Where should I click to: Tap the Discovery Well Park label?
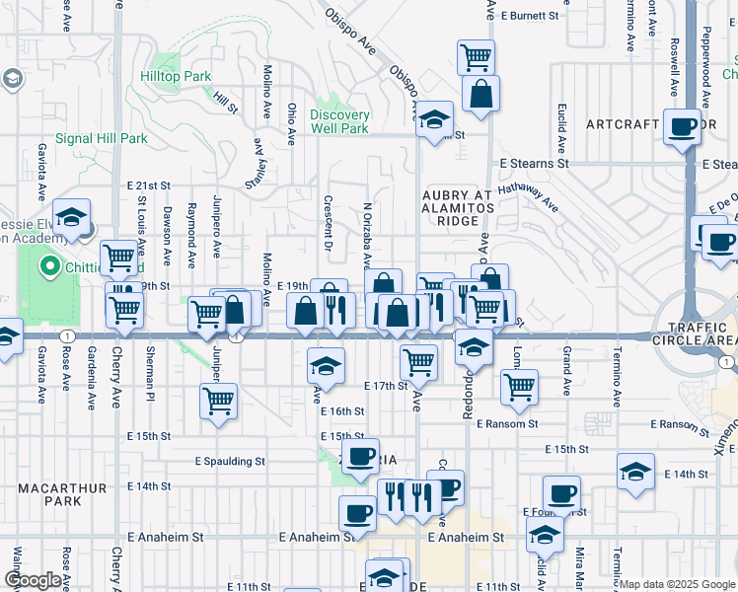coord(339,121)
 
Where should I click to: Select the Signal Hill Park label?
coord(101,139)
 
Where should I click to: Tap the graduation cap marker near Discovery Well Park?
coord(433,119)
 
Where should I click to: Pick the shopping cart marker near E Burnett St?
coord(477,56)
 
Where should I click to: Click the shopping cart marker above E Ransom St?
coord(518,387)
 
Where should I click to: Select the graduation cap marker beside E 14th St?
coord(636,471)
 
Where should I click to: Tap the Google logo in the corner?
coord(32,580)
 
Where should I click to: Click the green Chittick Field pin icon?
coord(49,266)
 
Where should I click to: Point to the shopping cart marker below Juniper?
coord(218,401)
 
